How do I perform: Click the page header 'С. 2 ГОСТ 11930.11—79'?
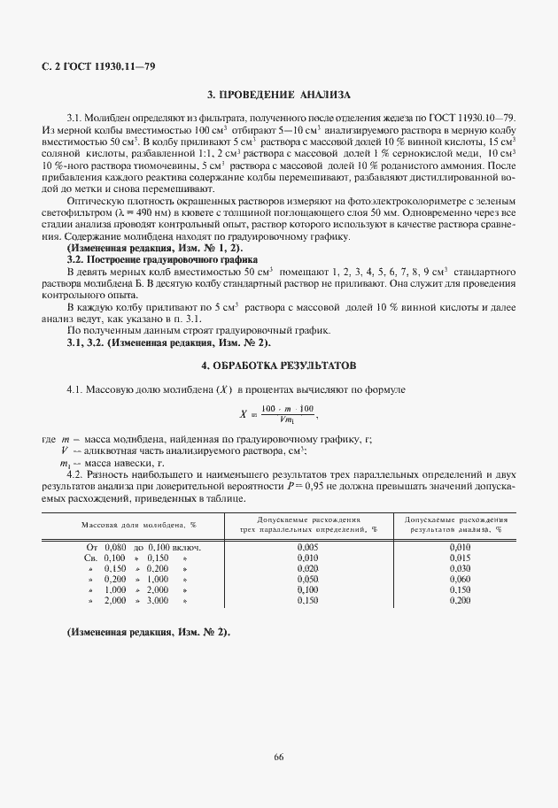click(98, 65)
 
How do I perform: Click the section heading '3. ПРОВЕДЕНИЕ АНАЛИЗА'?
click(278, 95)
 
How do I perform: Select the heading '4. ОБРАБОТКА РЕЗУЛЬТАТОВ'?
click(278, 365)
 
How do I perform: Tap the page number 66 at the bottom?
click(278, 757)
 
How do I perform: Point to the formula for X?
click(278, 412)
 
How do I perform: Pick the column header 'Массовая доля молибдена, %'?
click(138, 525)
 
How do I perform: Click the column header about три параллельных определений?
click(307, 525)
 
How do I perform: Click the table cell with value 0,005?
click(307, 548)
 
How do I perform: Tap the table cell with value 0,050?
click(307, 580)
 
